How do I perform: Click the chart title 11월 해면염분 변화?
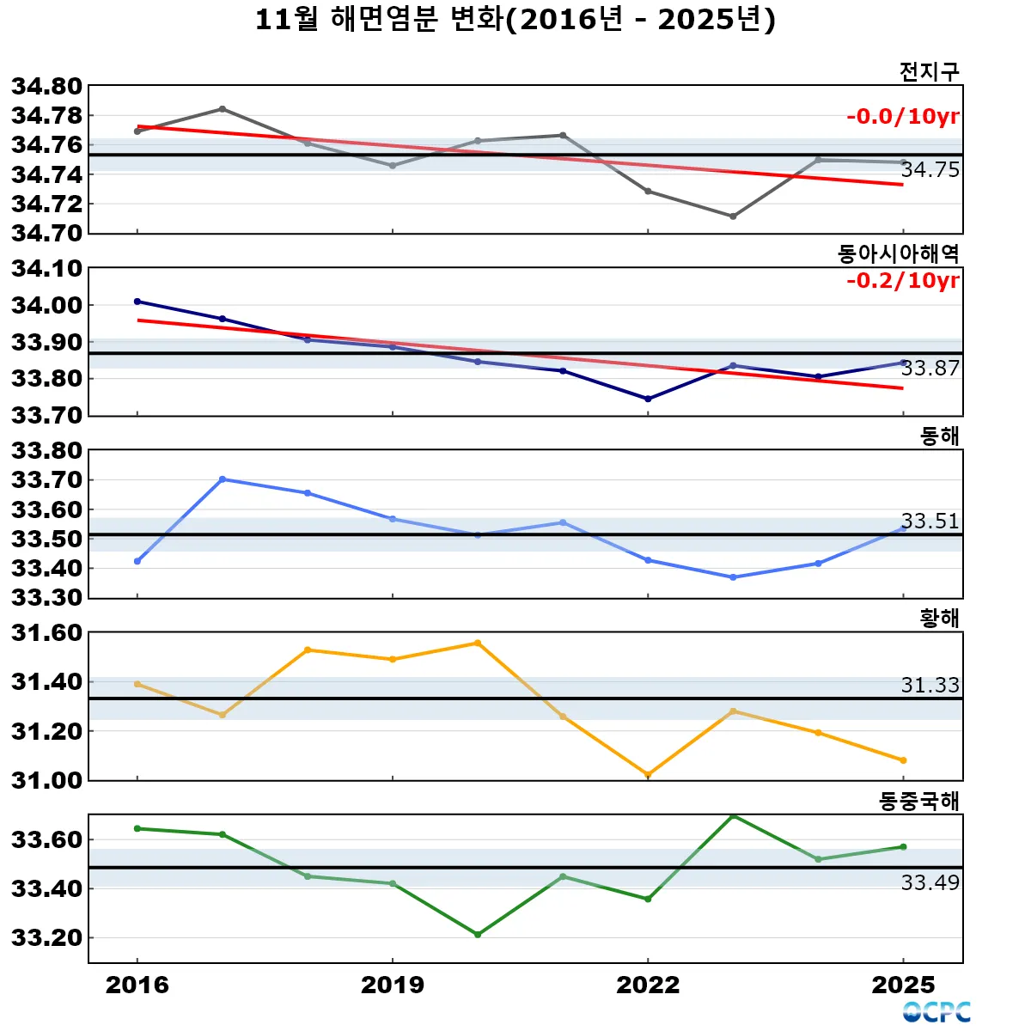pos(515,19)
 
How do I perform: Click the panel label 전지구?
pos(929,71)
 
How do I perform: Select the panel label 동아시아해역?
pos(898,253)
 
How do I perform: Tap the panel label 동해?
pos(939,436)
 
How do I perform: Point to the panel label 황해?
pos(939,618)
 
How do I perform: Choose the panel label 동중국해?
pos(918,801)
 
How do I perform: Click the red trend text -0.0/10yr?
pos(902,117)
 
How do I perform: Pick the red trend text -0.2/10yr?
pos(902,280)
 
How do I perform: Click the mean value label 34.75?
pos(930,170)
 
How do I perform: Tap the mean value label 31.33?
pos(930,685)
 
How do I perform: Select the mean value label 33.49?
pos(930,882)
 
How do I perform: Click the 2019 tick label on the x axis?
pos(393,985)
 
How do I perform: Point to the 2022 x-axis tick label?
pos(648,985)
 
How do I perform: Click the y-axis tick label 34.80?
pos(46,86)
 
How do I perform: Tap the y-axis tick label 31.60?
pos(46,633)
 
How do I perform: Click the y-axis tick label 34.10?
pos(46,269)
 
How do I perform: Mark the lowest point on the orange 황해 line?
pos(648,775)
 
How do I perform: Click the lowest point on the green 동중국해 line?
pos(478,935)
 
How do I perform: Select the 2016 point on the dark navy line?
pos(137,302)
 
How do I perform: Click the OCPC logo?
pos(936,1012)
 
